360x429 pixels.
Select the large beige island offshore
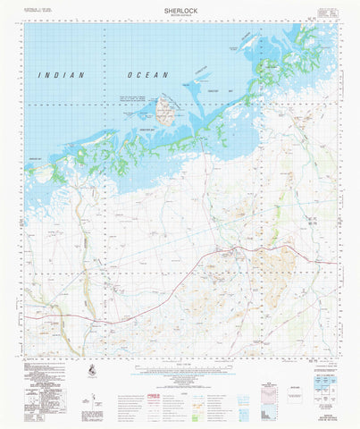point(164,112)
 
